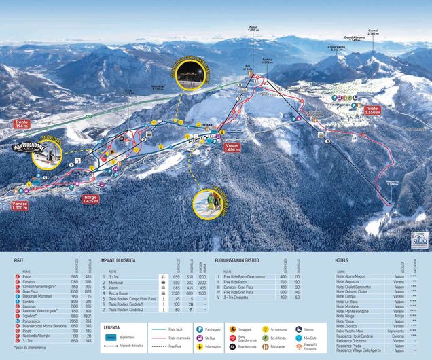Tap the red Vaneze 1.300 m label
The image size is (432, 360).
click(x=19, y=206)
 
